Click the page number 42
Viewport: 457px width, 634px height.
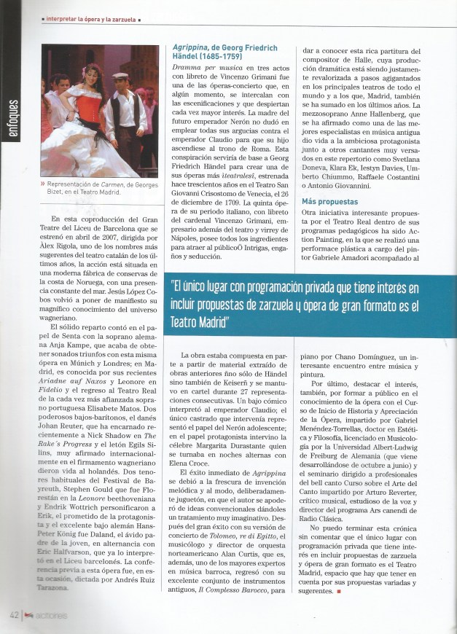pos(14,615)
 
